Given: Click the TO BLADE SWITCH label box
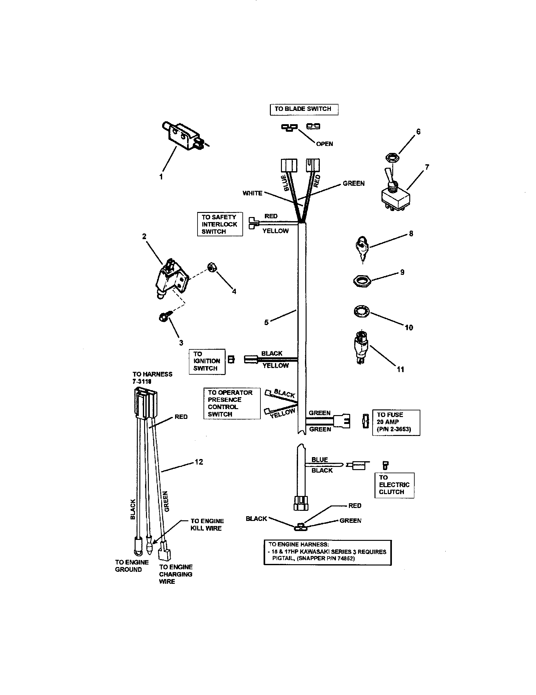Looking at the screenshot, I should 304,109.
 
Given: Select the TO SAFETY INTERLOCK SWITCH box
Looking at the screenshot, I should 220,224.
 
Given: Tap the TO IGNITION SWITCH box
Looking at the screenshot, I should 207,361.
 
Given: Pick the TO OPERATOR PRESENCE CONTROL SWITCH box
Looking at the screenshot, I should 232,403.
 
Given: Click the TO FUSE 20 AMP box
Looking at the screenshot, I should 396,422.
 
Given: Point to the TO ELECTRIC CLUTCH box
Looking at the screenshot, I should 394,485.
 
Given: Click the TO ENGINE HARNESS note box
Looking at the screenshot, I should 327,553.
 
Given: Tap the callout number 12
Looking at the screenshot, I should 198,462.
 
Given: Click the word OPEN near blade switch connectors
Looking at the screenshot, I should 324,144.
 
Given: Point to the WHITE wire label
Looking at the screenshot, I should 253,193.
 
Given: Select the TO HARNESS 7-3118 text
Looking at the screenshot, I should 152,378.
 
